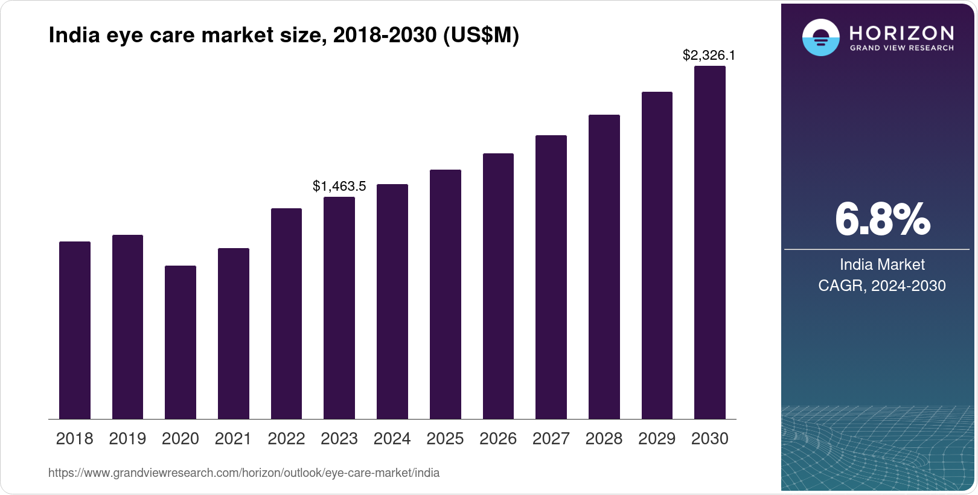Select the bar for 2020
[x=181, y=342]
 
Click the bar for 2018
[x=75, y=330]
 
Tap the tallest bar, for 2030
[x=710, y=243]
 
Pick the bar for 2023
[x=339, y=308]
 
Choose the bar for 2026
[x=498, y=286]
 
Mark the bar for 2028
[x=604, y=267]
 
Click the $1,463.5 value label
[x=339, y=187]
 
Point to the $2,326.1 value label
[x=709, y=56]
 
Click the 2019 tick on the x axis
[x=127, y=439]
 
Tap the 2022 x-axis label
[x=286, y=439]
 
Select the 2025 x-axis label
[x=445, y=439]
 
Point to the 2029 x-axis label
[x=657, y=439]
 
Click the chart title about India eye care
[x=284, y=36]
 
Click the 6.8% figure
[x=882, y=220]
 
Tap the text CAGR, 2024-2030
[x=881, y=286]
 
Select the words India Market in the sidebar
[x=882, y=264]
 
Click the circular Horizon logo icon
[x=820, y=37]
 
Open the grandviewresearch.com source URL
[x=244, y=473]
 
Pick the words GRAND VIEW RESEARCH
[x=901, y=48]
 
